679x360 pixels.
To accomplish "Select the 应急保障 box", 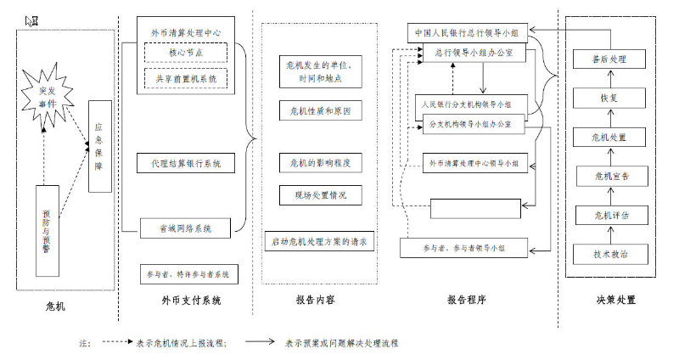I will coord(99,145).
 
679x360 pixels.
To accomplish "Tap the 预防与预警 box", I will coord(47,230).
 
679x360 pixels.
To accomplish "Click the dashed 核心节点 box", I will coord(185,53).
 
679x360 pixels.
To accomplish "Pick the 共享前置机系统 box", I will coord(185,78).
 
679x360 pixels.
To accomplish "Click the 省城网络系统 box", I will coord(186,227).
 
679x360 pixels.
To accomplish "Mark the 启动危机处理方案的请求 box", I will coord(318,241).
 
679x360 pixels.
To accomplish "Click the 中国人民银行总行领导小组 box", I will coord(468,33).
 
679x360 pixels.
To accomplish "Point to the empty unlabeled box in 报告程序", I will coord(475,208).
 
